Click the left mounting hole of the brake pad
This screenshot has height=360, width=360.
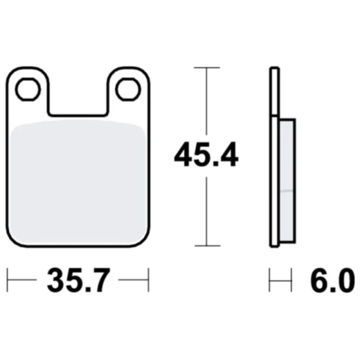coord(28,88)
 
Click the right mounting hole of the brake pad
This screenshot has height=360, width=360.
coord(127,88)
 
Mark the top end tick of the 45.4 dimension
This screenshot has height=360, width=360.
coord(205,68)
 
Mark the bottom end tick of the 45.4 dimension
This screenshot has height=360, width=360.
coord(205,246)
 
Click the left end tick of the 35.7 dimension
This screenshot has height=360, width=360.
coord(8,281)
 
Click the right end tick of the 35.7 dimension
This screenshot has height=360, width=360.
coord(149,281)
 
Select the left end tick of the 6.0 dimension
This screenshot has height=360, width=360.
coord(270,281)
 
